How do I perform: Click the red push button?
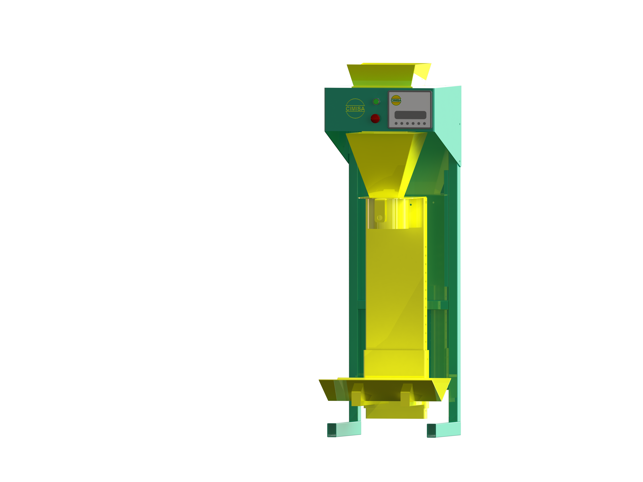point(375,119)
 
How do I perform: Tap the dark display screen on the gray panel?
point(410,115)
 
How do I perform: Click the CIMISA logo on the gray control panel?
point(396,100)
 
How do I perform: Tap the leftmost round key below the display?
point(396,124)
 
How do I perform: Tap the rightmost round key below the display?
point(424,124)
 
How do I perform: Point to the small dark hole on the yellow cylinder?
point(411,205)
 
